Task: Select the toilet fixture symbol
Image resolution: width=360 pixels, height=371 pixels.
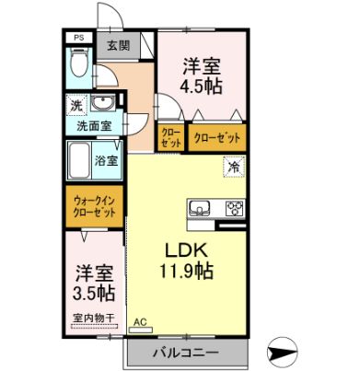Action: pyautogui.click(x=79, y=66)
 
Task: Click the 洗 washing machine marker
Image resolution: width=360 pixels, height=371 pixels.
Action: pyautogui.click(x=76, y=105)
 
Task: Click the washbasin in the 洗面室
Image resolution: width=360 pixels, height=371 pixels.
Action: pyautogui.click(x=104, y=102)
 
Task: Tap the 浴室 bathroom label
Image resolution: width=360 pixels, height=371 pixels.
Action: pyautogui.click(x=107, y=160)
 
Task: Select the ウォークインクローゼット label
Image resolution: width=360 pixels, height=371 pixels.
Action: pyautogui.click(x=96, y=202)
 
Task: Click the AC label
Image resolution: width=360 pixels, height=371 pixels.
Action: pyautogui.click(x=141, y=321)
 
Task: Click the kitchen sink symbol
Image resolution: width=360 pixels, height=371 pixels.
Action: pyautogui.click(x=203, y=206)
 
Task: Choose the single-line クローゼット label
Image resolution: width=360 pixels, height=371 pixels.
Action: pyautogui.click(x=219, y=137)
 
